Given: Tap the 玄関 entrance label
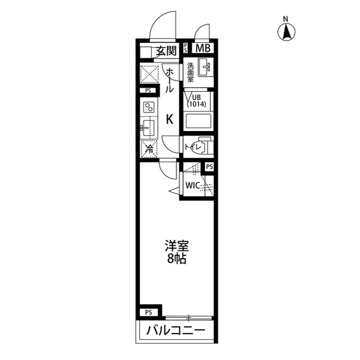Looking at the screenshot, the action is [166, 51].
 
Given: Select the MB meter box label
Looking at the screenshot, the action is [202, 48].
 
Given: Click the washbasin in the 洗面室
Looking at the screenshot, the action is [205, 67].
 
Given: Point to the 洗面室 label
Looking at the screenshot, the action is [190, 73].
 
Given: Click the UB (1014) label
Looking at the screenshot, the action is [196, 101].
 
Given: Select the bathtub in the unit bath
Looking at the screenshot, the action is [199, 121].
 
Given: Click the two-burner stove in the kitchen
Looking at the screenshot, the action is [148, 107].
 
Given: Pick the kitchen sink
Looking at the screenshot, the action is [149, 128].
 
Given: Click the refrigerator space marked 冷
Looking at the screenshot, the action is [149, 148].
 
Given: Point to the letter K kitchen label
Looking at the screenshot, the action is [169, 119].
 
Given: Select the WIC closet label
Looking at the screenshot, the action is [193, 186].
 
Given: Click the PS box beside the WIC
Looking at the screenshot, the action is [209, 167].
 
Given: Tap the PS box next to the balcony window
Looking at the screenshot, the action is [148, 313].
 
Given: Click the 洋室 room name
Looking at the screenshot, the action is [176, 246].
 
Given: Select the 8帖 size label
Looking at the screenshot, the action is [176, 259].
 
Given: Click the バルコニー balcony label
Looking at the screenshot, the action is [176, 331].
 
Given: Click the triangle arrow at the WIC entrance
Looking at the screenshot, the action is [174, 191].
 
